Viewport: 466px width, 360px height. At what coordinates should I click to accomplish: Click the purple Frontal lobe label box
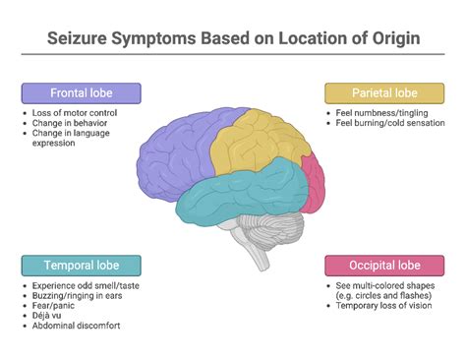82,93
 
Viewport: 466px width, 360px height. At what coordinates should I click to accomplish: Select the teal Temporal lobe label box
82,266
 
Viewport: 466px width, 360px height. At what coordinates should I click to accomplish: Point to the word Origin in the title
387,40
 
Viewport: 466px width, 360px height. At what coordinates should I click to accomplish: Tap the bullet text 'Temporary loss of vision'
383,306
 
